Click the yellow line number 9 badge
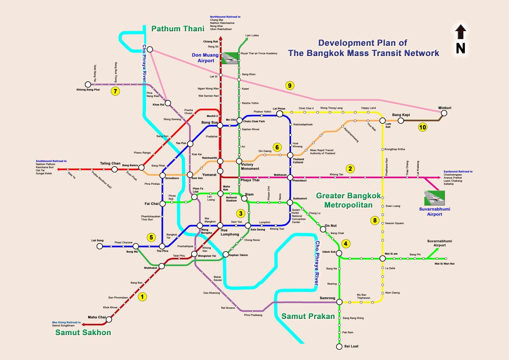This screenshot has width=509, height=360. coord(289,85)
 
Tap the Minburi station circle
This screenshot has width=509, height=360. coord(444,113)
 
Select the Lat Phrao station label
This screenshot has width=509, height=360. coord(279,109)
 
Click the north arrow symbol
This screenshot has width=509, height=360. coord(460,39)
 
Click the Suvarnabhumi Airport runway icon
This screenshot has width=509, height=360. coord(434,198)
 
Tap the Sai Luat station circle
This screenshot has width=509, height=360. coord(339,347)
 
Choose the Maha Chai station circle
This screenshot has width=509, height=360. coord(109,319)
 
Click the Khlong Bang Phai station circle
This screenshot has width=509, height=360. coord(88,84)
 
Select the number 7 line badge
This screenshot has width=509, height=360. coord(115,91)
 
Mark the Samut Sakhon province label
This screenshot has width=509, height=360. coord(83,333)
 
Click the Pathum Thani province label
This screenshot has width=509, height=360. coord(178,29)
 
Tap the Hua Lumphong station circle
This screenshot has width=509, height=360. coord(220,226)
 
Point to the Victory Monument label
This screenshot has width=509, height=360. coord(250,166)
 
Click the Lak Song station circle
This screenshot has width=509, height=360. coord(100,246)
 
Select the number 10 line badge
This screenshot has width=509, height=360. coord(422,127)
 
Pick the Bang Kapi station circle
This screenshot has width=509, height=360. coord(401,121)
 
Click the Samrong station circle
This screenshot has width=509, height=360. coord(339,302)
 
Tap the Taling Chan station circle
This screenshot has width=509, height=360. coord(115,169)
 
